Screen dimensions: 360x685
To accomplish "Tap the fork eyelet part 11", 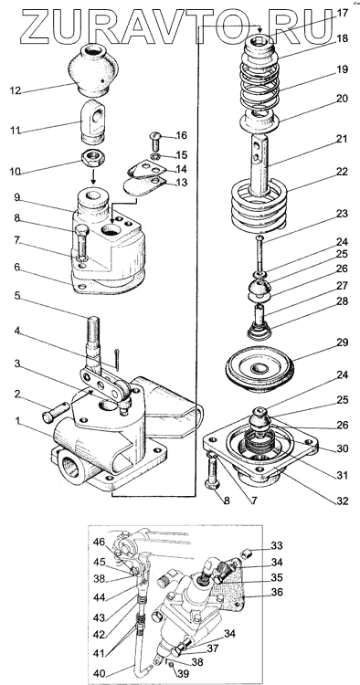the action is click(x=93, y=121).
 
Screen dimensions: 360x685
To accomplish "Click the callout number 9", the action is click(x=16, y=197).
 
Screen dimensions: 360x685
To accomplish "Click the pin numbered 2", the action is click(x=56, y=412).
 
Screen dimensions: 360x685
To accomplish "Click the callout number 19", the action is click(x=343, y=69).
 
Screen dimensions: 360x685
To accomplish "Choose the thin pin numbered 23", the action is click(x=259, y=253).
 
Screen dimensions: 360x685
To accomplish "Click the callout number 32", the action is click(x=343, y=501).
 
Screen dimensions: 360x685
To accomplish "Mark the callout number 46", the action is click(x=99, y=543).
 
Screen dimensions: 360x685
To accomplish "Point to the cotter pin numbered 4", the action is click(x=117, y=358).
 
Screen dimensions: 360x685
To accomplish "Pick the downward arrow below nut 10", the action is click(x=93, y=176).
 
